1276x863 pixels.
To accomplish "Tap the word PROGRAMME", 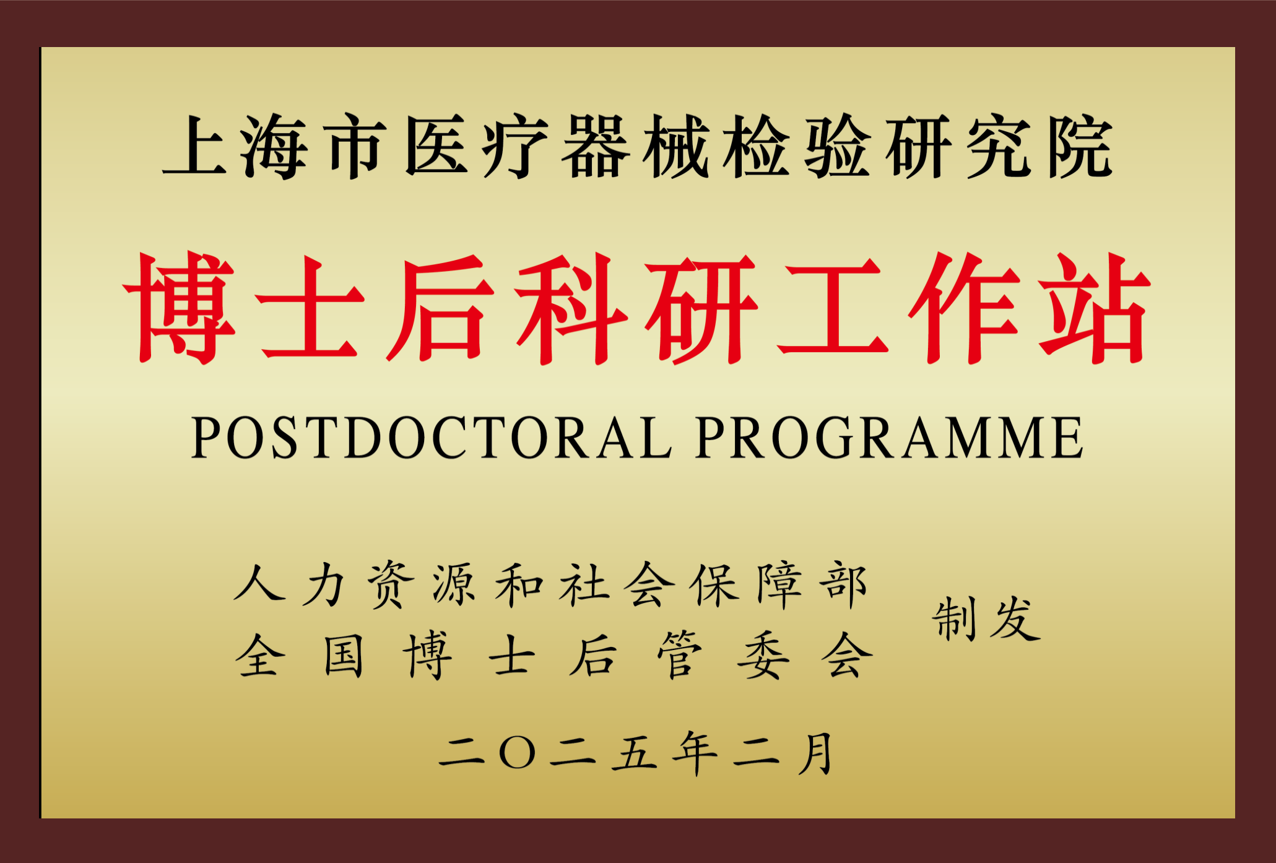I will (889, 438).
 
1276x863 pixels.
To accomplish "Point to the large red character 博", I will (180, 308).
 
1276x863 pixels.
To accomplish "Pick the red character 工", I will (833, 308).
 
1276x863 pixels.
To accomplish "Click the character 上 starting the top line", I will (195, 147).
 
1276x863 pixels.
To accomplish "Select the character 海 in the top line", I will (274, 147).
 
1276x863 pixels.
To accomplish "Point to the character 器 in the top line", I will (595, 147).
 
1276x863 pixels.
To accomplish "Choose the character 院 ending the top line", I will (1080, 147).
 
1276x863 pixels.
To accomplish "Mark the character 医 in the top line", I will (436, 147).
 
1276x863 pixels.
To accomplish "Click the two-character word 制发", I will (986, 618).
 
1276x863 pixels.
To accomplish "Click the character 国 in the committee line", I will (344, 655).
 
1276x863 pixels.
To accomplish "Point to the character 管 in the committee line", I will (679, 655).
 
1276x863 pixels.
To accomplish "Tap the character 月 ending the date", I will (815, 753).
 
